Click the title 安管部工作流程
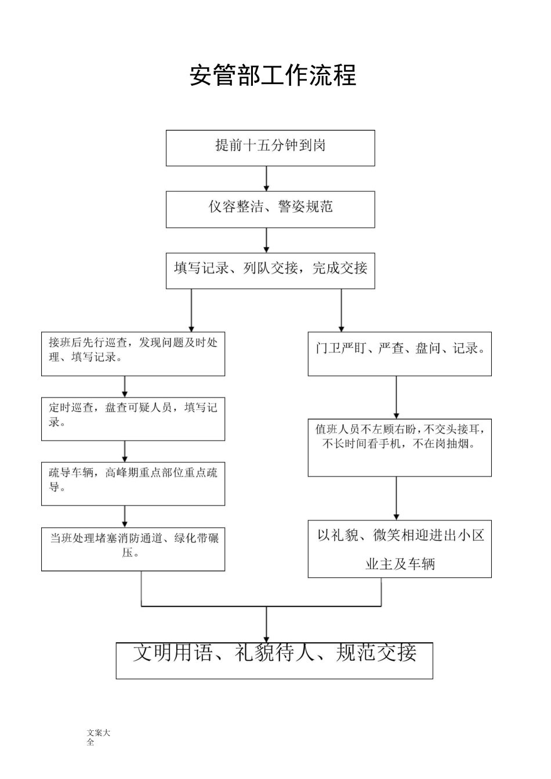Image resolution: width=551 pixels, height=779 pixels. tap(273, 75)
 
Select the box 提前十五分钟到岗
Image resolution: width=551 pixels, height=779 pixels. tap(270, 148)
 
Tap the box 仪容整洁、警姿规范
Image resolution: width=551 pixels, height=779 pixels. tap(270, 209)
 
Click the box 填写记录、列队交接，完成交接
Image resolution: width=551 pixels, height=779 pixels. tap(270, 270)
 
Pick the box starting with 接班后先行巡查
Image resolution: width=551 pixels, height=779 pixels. tap(133, 354)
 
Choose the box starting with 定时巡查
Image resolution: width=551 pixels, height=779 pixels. tap(133, 418)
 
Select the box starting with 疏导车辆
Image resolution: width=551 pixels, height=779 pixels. tap(133, 483)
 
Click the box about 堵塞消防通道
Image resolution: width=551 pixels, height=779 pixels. tap(133, 548)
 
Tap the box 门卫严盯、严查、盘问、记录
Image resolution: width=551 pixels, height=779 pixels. tap(400, 354)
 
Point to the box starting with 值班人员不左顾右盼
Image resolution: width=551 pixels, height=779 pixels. tap(400, 447)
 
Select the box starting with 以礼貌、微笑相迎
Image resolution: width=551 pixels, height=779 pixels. tap(400, 548)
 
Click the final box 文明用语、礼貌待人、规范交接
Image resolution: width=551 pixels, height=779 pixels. tap(274, 660)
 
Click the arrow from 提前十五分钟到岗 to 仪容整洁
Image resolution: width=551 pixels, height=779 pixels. tap(267, 179)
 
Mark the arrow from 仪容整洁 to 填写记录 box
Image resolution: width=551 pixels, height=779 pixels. tap(267, 240)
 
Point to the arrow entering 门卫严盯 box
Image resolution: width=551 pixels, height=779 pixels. tap(341, 311)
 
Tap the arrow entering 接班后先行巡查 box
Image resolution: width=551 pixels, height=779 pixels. tap(191, 311)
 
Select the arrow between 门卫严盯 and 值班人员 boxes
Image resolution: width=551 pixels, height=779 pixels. tap(397, 397)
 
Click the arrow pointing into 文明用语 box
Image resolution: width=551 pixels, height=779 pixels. tap(267, 625)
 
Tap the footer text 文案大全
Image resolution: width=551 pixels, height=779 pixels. tap(98, 737)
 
